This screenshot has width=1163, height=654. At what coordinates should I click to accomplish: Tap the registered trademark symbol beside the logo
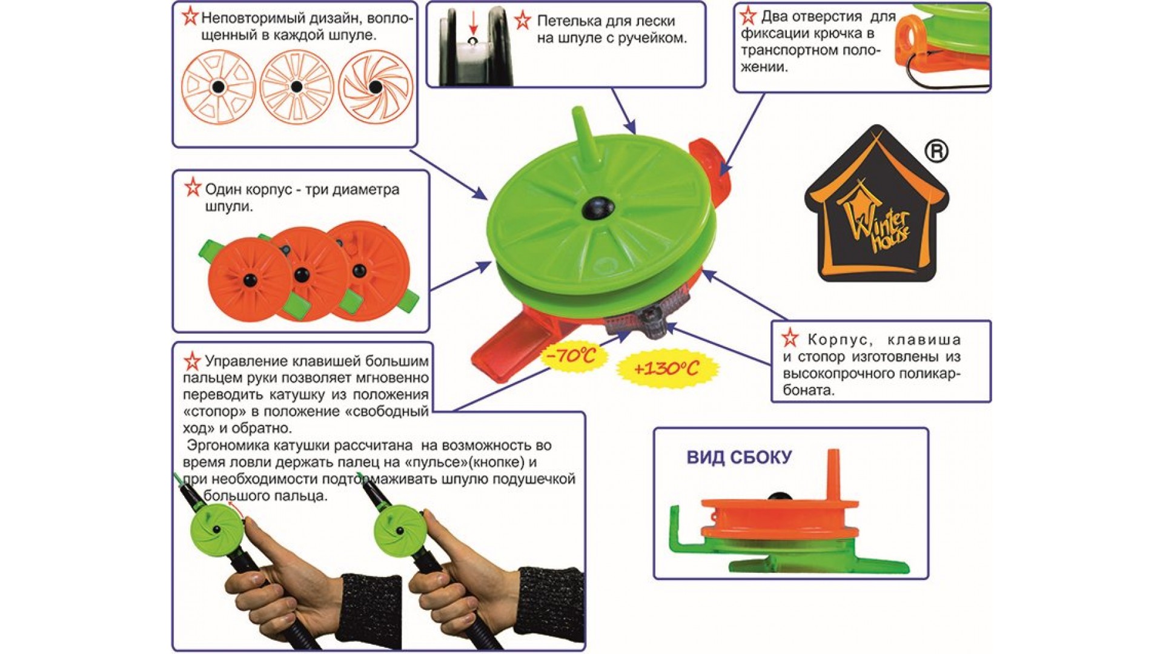point(936,151)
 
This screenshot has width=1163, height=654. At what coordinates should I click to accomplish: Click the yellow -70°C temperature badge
point(571,355)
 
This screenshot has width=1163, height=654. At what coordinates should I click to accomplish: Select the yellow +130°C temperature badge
point(666,368)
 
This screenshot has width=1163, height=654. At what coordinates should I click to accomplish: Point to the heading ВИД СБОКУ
point(739,457)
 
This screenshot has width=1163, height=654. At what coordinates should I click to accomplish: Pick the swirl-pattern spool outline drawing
point(375,87)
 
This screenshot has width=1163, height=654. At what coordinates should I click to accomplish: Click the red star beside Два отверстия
point(748,16)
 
